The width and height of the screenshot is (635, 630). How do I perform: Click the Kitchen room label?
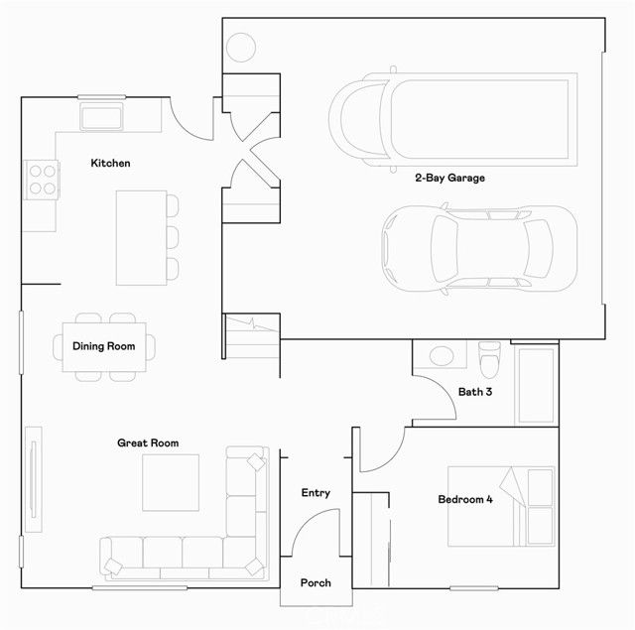110,163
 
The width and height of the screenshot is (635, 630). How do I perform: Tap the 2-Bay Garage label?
449,179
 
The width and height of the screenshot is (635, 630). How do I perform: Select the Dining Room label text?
103,346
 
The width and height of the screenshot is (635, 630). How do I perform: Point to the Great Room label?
148,442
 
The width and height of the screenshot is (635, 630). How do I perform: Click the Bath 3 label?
475,392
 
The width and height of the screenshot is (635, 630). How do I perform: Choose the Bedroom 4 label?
465,499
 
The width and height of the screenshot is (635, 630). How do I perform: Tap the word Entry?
316,493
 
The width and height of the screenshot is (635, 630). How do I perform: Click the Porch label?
316,582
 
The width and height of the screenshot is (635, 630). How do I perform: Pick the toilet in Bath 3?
489,354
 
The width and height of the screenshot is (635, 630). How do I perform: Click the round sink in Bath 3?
440,354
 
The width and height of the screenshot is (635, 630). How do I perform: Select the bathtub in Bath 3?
537,385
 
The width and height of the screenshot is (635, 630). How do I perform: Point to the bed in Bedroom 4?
500,506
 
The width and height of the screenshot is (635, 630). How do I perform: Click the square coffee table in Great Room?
171,482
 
